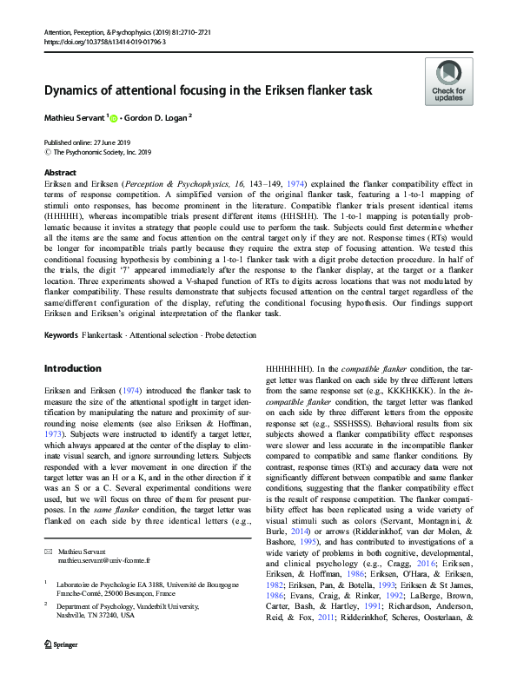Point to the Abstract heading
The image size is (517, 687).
60,172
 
